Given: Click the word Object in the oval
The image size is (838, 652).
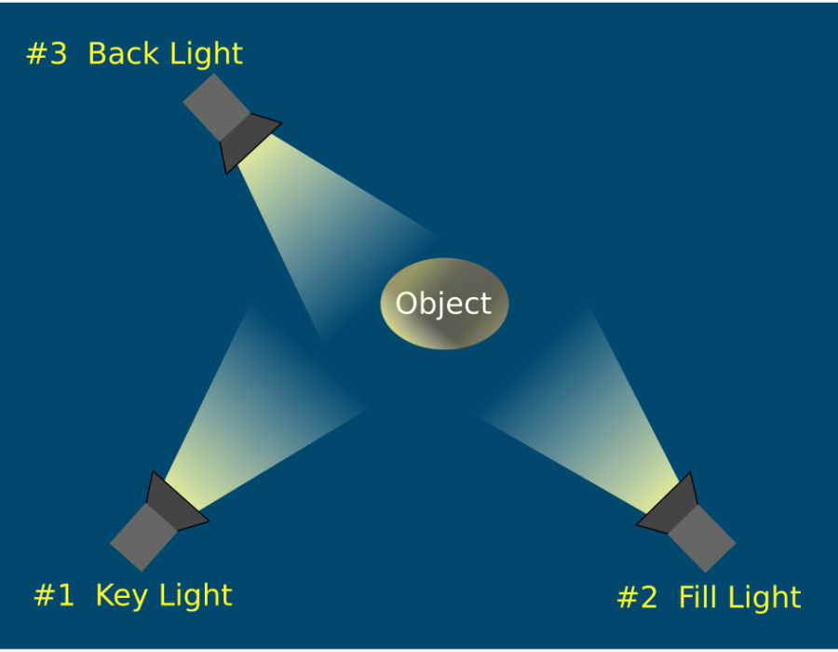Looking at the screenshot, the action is click(x=443, y=305).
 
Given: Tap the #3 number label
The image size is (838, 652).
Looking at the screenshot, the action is click(x=47, y=53).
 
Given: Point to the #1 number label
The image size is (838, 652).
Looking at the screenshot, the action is click(x=54, y=595).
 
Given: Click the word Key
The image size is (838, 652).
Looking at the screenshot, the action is click(x=121, y=596).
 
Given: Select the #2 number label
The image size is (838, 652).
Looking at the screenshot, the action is click(x=637, y=597).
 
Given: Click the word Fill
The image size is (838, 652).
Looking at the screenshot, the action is click(x=696, y=596).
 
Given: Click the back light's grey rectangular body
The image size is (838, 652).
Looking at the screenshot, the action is click(x=216, y=107).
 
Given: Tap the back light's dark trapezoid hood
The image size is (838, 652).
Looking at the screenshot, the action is click(x=247, y=139).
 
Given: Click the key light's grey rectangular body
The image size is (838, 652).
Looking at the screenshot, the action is click(x=143, y=537).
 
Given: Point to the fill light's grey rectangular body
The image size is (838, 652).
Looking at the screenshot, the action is click(x=702, y=538).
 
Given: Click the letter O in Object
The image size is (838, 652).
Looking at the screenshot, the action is click(x=406, y=304).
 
